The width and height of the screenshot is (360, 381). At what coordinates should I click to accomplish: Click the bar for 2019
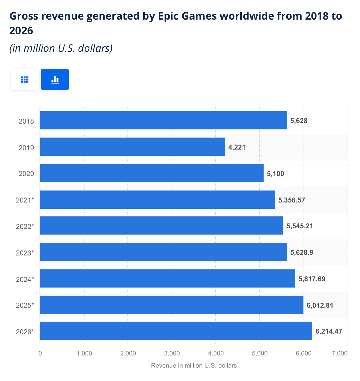coord(133,147)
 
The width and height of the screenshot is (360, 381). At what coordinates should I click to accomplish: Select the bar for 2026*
coord(176,331)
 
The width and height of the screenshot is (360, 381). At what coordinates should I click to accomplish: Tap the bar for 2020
coord(152,173)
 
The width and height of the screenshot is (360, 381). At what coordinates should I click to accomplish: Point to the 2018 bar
coord(163,120)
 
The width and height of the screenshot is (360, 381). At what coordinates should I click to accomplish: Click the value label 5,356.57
coord(292,200)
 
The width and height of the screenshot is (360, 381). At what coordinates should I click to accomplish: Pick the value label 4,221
coord(237,147)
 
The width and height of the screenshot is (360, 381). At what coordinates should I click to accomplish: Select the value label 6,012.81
coord(320,305)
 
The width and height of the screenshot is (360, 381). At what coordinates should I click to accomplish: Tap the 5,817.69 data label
coord(312,279)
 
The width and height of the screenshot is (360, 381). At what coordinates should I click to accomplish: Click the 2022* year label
coord(25,226)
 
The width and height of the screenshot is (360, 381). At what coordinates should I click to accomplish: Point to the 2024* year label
coord(25,279)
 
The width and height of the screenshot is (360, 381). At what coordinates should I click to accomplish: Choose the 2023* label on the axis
coord(25,253)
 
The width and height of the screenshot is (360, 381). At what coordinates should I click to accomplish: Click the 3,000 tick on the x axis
coord(172,354)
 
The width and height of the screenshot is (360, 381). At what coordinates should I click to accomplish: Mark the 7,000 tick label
coord(340,354)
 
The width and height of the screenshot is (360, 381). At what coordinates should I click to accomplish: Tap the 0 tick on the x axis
coord(40,354)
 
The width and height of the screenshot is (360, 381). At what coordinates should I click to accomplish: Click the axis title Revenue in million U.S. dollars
coord(194,366)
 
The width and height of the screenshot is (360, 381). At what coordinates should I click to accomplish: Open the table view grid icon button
coord(25,80)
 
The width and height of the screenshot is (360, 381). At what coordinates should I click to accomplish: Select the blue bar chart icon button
coord(55,80)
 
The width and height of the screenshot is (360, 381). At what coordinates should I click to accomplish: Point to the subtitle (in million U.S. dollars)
coord(61,48)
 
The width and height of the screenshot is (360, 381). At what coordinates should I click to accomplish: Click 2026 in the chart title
coord(21,31)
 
